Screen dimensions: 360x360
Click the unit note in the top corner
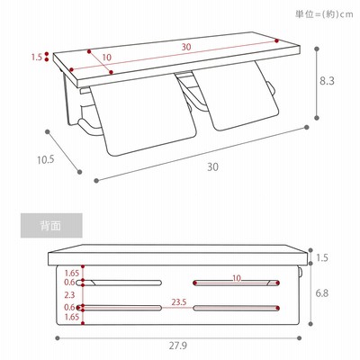[x=324, y=14]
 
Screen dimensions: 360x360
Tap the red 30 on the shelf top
[x=186, y=47]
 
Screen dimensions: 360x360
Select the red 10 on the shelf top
[x=106, y=58]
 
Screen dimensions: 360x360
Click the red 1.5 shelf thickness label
[x=37, y=57]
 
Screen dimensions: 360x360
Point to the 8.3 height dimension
[x=327, y=81]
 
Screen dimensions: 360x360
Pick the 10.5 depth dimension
[x=46, y=159]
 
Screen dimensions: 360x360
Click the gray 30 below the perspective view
[x=212, y=166]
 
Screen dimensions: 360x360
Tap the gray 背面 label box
[x=51, y=226]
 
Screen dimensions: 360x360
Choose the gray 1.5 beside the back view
[x=322, y=257]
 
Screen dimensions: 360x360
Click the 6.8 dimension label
[x=321, y=293]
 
